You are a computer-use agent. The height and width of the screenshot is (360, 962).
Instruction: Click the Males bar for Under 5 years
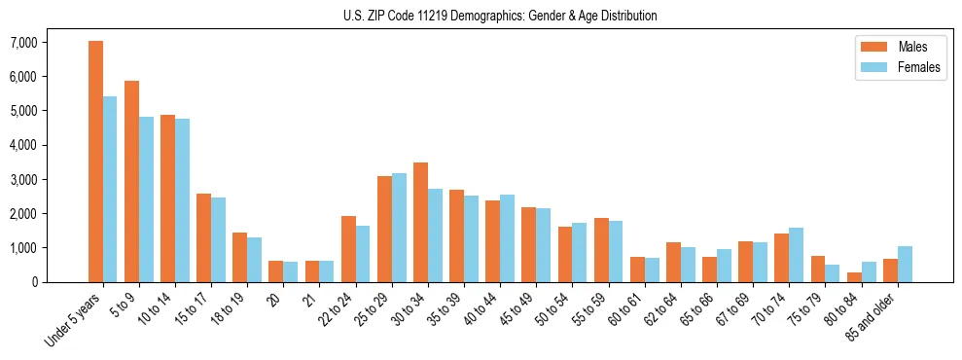click(x=95, y=162)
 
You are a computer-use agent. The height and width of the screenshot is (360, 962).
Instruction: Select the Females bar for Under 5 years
click(x=110, y=189)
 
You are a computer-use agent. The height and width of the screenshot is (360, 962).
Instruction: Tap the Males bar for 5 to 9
click(x=131, y=181)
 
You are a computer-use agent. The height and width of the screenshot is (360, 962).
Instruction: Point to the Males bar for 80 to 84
click(x=854, y=277)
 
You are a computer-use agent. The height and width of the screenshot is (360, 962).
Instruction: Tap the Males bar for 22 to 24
click(x=348, y=249)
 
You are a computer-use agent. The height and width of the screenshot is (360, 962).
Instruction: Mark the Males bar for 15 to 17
click(x=203, y=237)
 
